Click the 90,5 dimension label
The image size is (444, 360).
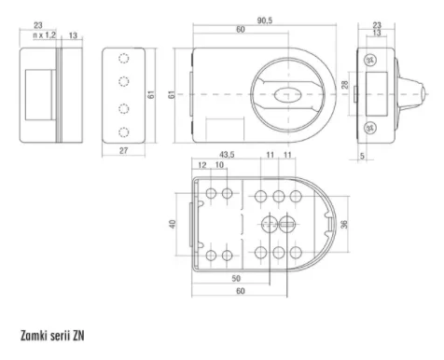(x=265, y=21)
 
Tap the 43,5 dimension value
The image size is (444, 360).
(x=227, y=155)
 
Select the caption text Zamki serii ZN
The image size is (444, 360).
(x=52, y=336)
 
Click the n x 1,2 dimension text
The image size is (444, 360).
(x=45, y=35)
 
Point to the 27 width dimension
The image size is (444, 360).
(x=123, y=151)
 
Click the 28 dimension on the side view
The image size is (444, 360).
(x=345, y=84)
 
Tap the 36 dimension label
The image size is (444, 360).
(x=344, y=225)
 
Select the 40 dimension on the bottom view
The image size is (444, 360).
(x=173, y=224)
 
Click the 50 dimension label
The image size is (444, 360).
(x=236, y=278)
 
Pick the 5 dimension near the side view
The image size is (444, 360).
(x=362, y=156)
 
